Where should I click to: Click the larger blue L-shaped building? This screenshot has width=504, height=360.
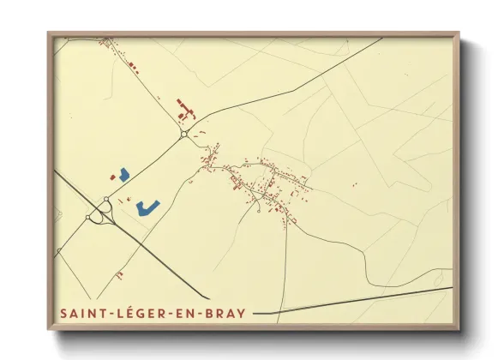(x=148, y=207)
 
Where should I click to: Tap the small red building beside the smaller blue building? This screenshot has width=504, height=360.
(x=112, y=176)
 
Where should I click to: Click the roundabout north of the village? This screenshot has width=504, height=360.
(x=184, y=134)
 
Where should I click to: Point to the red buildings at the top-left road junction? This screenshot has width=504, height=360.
(x=107, y=41)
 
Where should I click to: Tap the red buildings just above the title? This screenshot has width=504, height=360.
(x=119, y=273)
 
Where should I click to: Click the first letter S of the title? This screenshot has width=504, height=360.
(x=64, y=314)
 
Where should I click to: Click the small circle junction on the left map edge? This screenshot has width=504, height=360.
(x=58, y=251)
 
